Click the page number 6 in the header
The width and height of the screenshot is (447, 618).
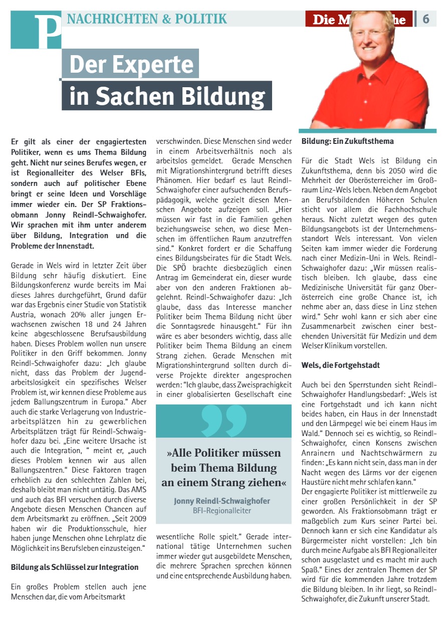point(426,19)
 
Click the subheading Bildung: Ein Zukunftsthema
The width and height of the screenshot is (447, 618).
point(347,141)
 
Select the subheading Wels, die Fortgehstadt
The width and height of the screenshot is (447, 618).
point(341,365)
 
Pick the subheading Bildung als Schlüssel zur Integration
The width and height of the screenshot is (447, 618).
point(75,567)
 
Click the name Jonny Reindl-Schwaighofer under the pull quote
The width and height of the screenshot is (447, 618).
point(222,501)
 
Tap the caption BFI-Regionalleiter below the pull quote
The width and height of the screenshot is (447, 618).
point(222,511)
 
